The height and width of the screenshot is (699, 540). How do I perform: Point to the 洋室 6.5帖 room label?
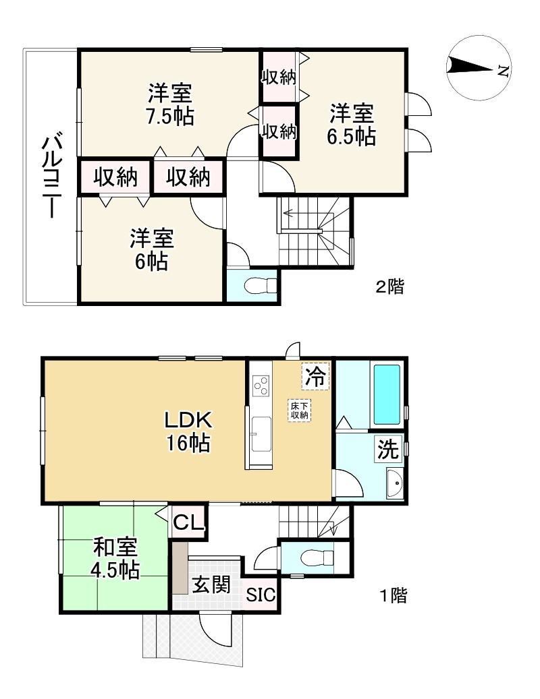coord(351,124)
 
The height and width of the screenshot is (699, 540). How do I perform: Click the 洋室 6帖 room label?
coord(152,249)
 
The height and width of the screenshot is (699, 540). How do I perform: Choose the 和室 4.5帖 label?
coord(115,559)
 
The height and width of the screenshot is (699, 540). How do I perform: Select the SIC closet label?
coord(260,595)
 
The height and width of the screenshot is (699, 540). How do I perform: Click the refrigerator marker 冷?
coord(315,376)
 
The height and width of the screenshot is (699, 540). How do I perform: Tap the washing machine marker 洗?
coord(388,450)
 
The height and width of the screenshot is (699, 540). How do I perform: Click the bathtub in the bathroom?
coord(387,394)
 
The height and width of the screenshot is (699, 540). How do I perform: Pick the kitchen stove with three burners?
coord(261,386)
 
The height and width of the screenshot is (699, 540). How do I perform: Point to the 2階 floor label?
coord(389,287)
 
